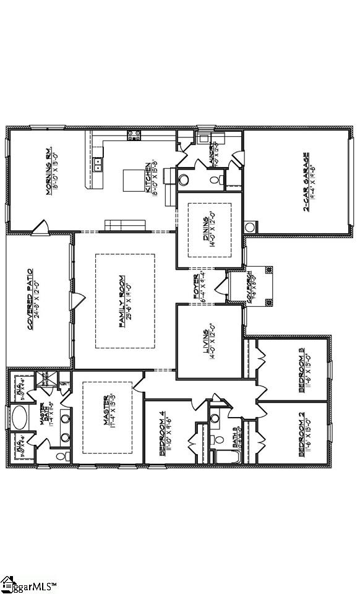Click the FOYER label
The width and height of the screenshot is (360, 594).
click(x=197, y=285)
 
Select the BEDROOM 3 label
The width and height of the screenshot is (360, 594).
click(x=301, y=369)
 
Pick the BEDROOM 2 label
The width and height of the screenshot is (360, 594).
click(x=301, y=437)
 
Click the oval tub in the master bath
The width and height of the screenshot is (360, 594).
click(x=20, y=418)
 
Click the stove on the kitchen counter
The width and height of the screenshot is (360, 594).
click(x=134, y=136)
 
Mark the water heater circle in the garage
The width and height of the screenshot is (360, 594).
click(x=250, y=227)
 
